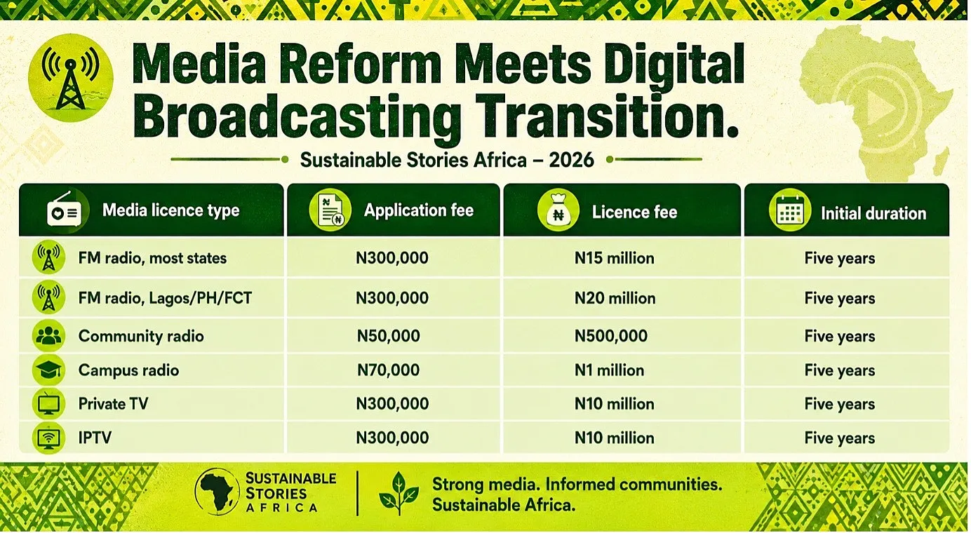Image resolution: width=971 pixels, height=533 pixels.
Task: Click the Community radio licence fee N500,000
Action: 611,336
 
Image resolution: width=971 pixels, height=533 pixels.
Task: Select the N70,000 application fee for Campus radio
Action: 389,370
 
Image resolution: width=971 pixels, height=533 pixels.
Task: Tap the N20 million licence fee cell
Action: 615,298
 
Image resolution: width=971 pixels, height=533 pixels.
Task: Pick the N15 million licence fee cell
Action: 615,258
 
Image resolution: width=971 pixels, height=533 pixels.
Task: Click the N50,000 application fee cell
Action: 389,336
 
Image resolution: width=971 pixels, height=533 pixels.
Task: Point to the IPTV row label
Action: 95,438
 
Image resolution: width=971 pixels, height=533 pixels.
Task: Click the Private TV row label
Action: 113,404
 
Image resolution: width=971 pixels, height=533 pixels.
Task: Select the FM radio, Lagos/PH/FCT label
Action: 165,298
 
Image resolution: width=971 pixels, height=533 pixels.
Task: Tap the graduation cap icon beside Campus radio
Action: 48,370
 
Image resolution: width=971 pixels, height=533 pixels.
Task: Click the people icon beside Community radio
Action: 48,336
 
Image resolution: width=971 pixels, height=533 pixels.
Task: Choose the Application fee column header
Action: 419,210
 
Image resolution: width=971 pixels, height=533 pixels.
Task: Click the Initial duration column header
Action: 873,213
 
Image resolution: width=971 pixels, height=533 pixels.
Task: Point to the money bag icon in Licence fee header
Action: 558,210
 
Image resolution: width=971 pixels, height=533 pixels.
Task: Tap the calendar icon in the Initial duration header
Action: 790,210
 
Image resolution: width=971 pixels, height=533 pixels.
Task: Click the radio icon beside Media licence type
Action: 65,210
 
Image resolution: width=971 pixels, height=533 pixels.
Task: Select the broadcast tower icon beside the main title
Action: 71,78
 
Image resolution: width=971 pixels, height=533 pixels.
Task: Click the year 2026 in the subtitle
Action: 571,161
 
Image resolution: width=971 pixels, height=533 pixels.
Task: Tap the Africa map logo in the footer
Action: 217,492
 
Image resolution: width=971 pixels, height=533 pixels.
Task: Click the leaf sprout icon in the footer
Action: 399,493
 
